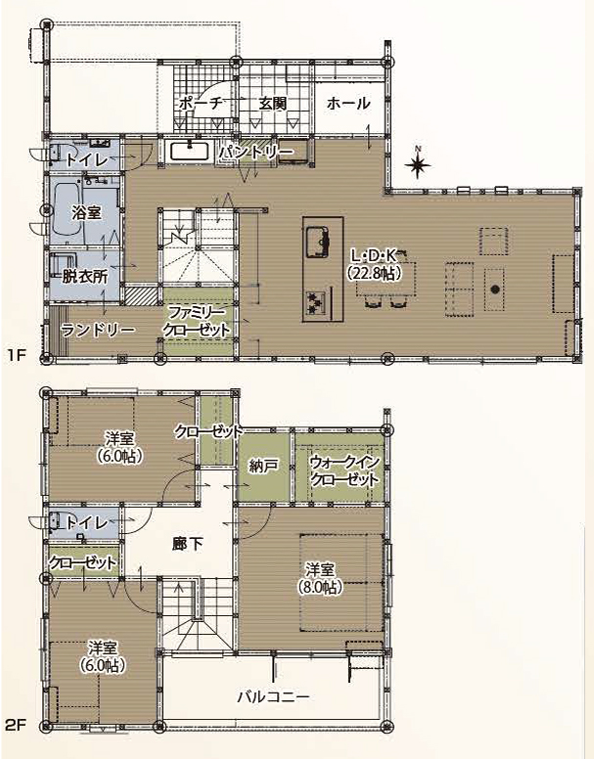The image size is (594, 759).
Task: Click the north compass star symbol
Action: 418,164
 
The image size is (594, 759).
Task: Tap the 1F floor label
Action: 16,355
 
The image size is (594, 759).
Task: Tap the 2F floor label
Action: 15,725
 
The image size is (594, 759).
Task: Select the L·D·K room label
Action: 374,264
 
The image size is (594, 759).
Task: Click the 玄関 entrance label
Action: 272,103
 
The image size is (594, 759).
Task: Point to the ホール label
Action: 348,103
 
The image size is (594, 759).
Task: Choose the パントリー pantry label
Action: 256,152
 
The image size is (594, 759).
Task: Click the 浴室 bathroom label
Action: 86,212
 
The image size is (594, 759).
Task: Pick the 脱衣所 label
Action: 85,277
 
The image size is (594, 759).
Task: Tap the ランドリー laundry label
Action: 98,331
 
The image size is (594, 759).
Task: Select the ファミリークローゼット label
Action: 196,322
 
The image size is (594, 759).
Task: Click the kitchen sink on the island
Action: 318,241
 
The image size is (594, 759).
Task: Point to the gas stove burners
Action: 315,301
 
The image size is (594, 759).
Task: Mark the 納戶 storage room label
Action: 263,466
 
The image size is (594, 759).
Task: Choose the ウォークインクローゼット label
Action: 343,471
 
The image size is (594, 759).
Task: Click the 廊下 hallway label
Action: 187,544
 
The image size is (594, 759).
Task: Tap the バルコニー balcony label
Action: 273,697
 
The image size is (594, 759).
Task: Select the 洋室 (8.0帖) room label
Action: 320,578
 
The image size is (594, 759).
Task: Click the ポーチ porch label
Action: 201,103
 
